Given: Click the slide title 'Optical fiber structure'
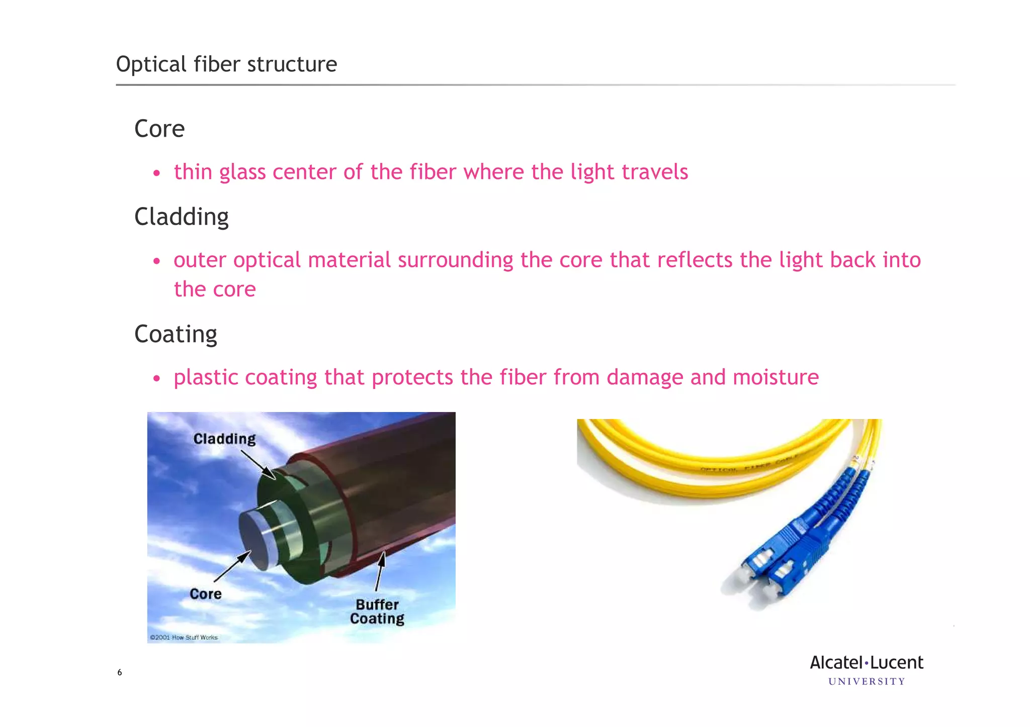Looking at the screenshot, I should (x=226, y=64).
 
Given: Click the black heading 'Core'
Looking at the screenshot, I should (x=159, y=129).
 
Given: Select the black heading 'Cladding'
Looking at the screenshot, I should (x=182, y=217).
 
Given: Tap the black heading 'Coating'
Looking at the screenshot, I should (x=176, y=334).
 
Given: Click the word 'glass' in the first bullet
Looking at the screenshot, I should (x=242, y=172).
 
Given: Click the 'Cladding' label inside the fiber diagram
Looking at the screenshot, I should (x=224, y=439).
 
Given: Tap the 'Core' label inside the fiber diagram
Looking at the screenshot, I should (x=206, y=594).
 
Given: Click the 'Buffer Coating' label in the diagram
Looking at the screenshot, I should (x=377, y=611).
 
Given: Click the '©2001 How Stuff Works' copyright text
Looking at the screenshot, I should (x=184, y=638).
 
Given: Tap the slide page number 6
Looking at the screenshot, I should (x=120, y=672).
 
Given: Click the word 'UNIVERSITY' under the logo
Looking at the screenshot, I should (x=867, y=682).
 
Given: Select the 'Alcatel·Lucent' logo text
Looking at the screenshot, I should (x=867, y=663).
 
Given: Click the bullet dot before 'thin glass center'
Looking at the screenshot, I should (x=157, y=173).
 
